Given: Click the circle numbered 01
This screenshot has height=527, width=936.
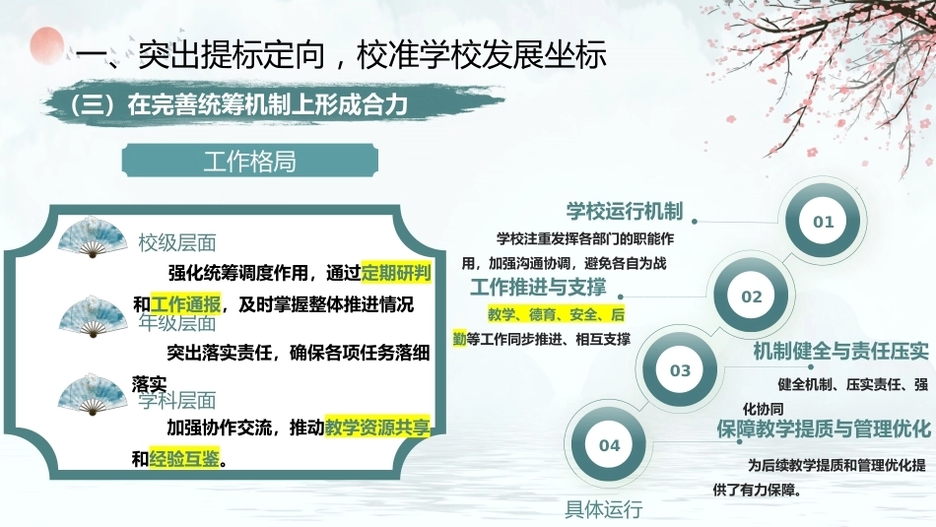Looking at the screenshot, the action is [x=823, y=221].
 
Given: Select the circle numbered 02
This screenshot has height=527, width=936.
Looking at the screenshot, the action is [x=752, y=296].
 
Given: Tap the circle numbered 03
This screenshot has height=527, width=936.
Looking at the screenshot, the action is [x=680, y=370].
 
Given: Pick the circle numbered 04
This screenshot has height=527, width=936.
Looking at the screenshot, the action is [x=609, y=444].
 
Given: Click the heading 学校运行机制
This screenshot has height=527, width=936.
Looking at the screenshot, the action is [x=625, y=211].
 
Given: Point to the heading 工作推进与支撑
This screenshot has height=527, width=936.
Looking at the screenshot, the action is [x=538, y=287].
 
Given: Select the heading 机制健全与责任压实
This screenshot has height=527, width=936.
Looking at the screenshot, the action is [x=840, y=351].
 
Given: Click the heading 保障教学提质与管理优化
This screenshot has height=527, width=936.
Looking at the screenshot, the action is [x=824, y=428].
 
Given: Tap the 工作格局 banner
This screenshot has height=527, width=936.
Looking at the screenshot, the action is [x=250, y=161].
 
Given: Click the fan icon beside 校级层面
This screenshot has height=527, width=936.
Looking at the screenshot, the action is [x=93, y=238].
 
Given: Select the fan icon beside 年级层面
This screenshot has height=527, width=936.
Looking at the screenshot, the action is [x=94, y=316].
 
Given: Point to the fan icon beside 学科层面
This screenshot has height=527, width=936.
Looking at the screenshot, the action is [x=94, y=394].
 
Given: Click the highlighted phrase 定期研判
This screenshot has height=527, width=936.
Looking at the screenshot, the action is [x=396, y=273].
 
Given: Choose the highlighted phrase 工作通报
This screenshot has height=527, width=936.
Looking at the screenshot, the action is [x=185, y=304].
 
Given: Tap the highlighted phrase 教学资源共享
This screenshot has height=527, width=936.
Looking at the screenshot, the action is [x=377, y=427].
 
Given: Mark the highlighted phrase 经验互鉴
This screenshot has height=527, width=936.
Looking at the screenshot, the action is [x=184, y=458].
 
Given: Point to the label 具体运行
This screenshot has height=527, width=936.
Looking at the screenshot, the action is [x=604, y=509].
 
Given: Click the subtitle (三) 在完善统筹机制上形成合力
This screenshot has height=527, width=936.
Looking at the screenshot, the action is [x=238, y=104].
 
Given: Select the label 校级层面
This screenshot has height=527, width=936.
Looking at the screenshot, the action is [x=177, y=243].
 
